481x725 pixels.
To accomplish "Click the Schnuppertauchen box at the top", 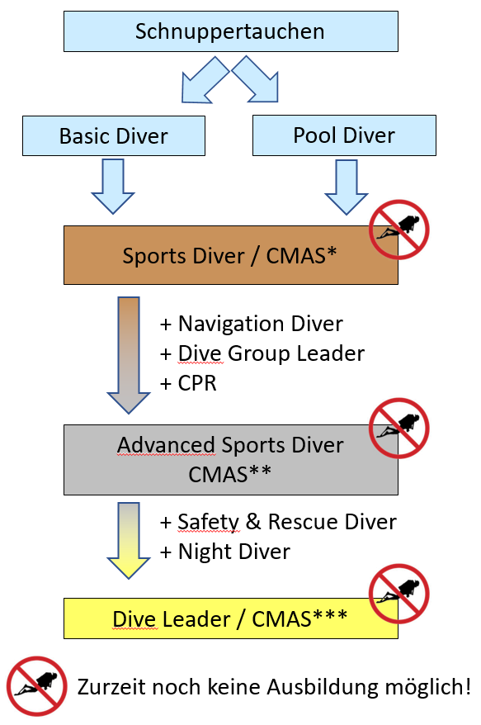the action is coord(230,31).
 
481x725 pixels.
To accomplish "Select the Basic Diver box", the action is coord(114,135).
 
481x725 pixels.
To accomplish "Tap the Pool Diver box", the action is coord(344,135).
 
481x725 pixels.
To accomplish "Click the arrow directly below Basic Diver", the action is coord(113,187).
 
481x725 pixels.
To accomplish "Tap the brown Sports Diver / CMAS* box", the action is coord(230,255).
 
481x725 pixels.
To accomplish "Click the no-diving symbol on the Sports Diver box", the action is coord(399,230).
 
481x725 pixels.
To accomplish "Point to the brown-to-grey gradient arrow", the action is coord(129,355).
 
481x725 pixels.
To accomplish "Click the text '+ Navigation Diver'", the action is coord(252,324).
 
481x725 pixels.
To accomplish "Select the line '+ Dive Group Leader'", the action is coord(262,353).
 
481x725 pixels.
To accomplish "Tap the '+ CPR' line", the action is coord(188,383).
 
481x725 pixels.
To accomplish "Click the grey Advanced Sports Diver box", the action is coord(230,460).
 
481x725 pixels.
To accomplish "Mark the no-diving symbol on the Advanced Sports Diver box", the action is coord(399,429).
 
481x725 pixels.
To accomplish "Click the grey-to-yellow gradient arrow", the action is coord(129,540).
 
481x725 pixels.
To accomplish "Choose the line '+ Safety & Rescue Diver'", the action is coord(278,522).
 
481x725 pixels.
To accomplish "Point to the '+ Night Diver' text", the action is coord(225,552).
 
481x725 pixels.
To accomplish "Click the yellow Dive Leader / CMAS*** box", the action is coord(230,618).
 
